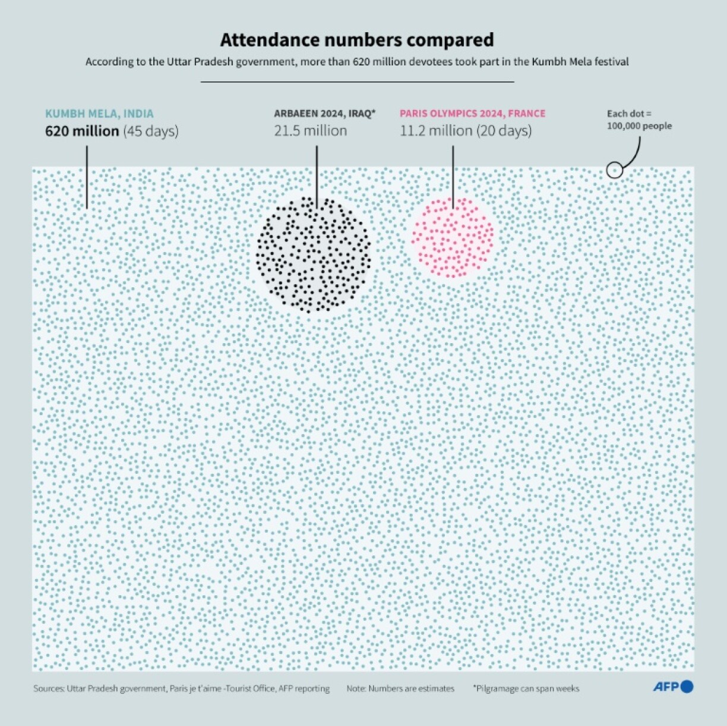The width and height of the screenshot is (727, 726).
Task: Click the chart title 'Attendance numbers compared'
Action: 357,40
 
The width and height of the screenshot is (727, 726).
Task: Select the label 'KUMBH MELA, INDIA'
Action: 99,114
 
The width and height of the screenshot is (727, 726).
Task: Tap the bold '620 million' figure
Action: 82,131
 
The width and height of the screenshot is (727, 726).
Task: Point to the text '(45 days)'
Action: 151,131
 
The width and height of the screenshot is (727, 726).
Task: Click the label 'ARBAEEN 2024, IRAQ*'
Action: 325,114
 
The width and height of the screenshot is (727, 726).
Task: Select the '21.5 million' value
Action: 311,131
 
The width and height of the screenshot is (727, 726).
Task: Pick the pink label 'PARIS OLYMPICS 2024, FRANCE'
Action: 472,114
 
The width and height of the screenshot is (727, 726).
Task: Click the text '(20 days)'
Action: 504,131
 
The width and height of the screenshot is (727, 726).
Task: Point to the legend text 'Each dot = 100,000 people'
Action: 639,120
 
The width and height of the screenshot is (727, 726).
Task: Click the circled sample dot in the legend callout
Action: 615,171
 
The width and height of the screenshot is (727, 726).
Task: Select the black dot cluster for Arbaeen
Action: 314,254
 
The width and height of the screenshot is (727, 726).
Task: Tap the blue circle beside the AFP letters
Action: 687,687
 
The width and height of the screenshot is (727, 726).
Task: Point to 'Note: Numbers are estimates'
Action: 400,689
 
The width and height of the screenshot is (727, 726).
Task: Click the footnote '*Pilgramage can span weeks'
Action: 526,689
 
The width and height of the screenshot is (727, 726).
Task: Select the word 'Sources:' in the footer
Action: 49,689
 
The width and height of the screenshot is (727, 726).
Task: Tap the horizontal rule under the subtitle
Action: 357,81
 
